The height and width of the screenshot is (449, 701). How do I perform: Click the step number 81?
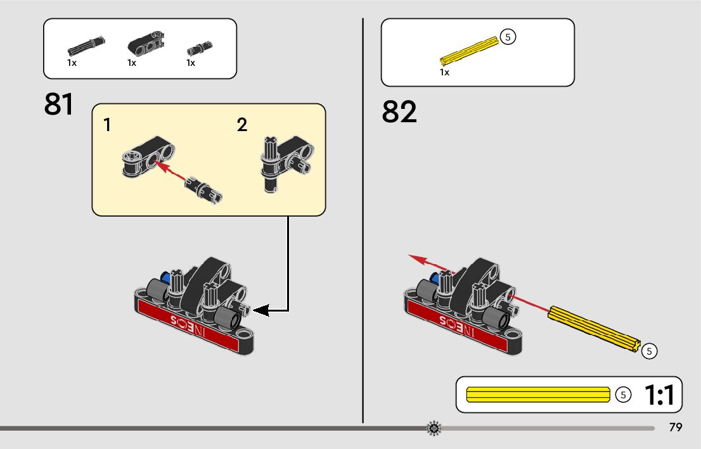point(59,104)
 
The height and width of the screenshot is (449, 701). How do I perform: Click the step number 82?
point(399,112)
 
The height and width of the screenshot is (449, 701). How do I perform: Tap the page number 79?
point(676,427)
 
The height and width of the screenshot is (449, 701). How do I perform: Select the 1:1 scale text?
point(659,395)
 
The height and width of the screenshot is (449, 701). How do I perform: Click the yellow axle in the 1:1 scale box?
point(538,395)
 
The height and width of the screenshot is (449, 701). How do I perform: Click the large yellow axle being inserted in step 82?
point(595,329)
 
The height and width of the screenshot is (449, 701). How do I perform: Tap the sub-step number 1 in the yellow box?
point(108,125)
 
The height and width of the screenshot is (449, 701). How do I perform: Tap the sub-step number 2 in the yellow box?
point(242,125)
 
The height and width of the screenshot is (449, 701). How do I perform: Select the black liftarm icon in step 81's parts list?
point(145,44)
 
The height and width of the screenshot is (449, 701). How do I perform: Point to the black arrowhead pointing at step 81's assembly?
point(262,310)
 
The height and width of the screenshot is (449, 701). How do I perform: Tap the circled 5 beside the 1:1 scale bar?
point(624,395)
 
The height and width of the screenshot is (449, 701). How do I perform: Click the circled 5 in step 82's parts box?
point(508,37)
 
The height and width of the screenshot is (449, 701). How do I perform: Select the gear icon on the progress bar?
point(434,428)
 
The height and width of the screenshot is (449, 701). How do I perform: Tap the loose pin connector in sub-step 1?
point(205,190)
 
